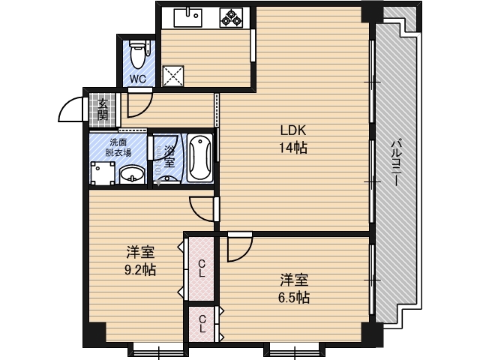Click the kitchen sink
point(190,15)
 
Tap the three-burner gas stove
point(231,16)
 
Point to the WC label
point(138,78)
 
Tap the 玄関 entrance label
point(102,109)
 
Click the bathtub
point(199,158)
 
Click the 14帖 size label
point(292,147)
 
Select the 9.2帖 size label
point(140,270)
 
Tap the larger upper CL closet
point(202,267)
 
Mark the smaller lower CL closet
point(202,324)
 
